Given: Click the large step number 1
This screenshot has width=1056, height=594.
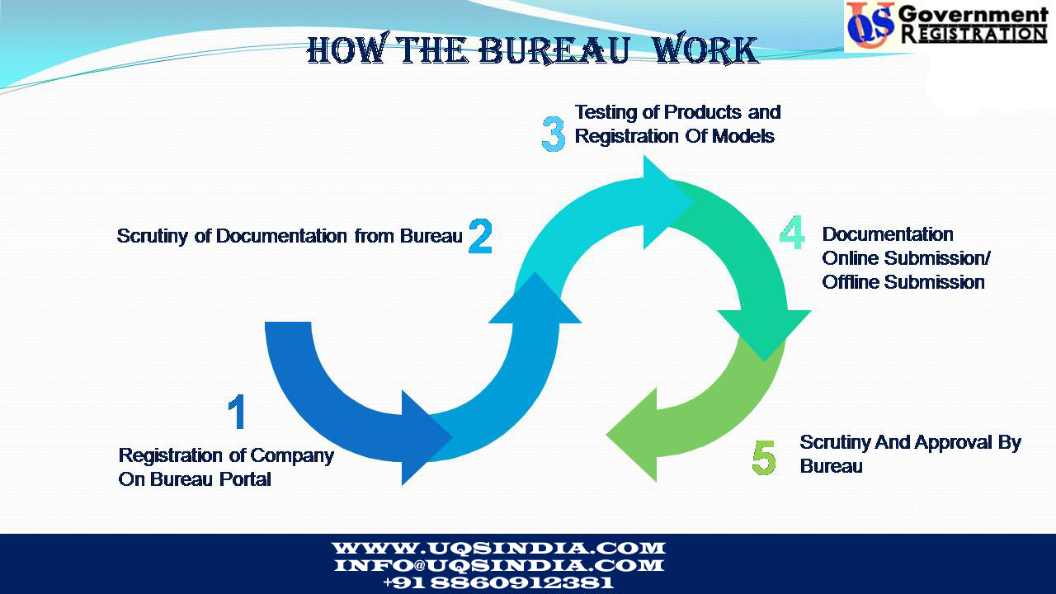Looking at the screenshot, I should (237, 412).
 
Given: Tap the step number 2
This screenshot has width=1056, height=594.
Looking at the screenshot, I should (480, 237).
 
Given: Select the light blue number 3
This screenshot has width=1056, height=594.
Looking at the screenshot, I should (554, 134).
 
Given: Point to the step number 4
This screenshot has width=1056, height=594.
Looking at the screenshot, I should (792, 234).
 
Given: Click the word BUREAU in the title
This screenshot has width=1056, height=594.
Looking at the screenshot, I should (554, 50).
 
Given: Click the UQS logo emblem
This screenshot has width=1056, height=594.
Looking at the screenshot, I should (870, 26).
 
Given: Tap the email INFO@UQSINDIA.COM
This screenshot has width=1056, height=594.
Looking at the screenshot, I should (498, 566).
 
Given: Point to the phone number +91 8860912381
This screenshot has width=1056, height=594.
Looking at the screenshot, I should (498, 582).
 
